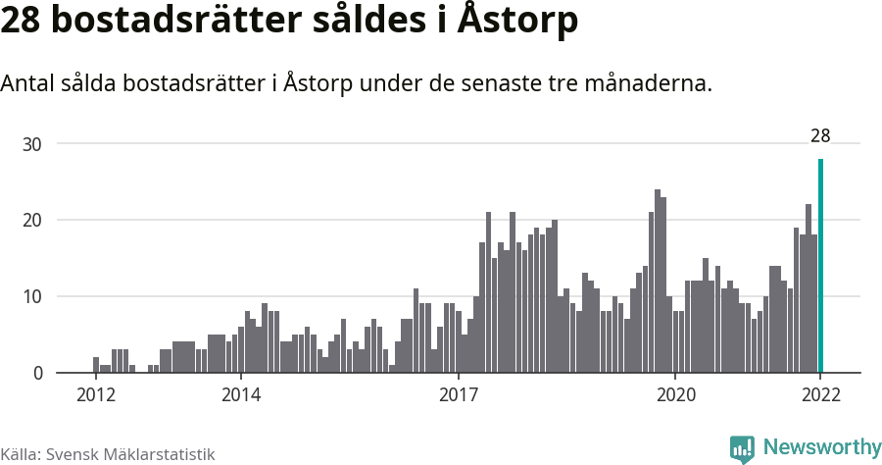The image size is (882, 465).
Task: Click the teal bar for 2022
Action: pos(820,266)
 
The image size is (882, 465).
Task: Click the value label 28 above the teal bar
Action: pos(820,136)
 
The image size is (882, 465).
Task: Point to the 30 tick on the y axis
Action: pos(32,144)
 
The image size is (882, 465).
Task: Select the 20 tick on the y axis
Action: pos(32,221)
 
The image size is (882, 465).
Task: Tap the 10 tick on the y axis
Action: pos(32,297)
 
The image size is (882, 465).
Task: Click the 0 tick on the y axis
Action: pos(37,374)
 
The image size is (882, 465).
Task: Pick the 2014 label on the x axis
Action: pos(240,395)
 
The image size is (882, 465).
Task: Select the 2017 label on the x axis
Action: pos(458,395)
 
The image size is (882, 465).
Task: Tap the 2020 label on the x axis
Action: pos(675,395)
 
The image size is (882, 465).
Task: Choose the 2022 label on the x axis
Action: pos(820,395)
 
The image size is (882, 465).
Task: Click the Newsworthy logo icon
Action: pos(742,448)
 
